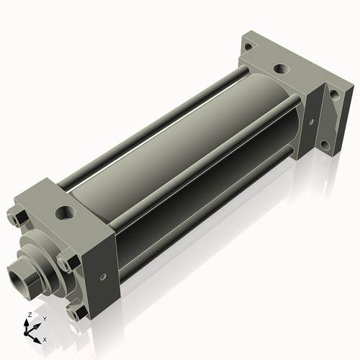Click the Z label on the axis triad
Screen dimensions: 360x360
pyautogui.click(x=28, y=315)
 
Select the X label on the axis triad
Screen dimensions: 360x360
pyautogui.click(x=45, y=338)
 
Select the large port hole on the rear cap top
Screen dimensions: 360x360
pyautogui.click(x=281, y=71)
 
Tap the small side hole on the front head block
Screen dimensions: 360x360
pyautogui.click(x=104, y=274)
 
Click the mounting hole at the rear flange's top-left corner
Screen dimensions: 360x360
pyautogui.click(x=248, y=47)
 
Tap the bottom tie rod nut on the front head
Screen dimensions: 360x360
pyautogui.click(x=75, y=312)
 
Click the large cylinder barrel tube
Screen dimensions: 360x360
pyautogui.click(x=180, y=144)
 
